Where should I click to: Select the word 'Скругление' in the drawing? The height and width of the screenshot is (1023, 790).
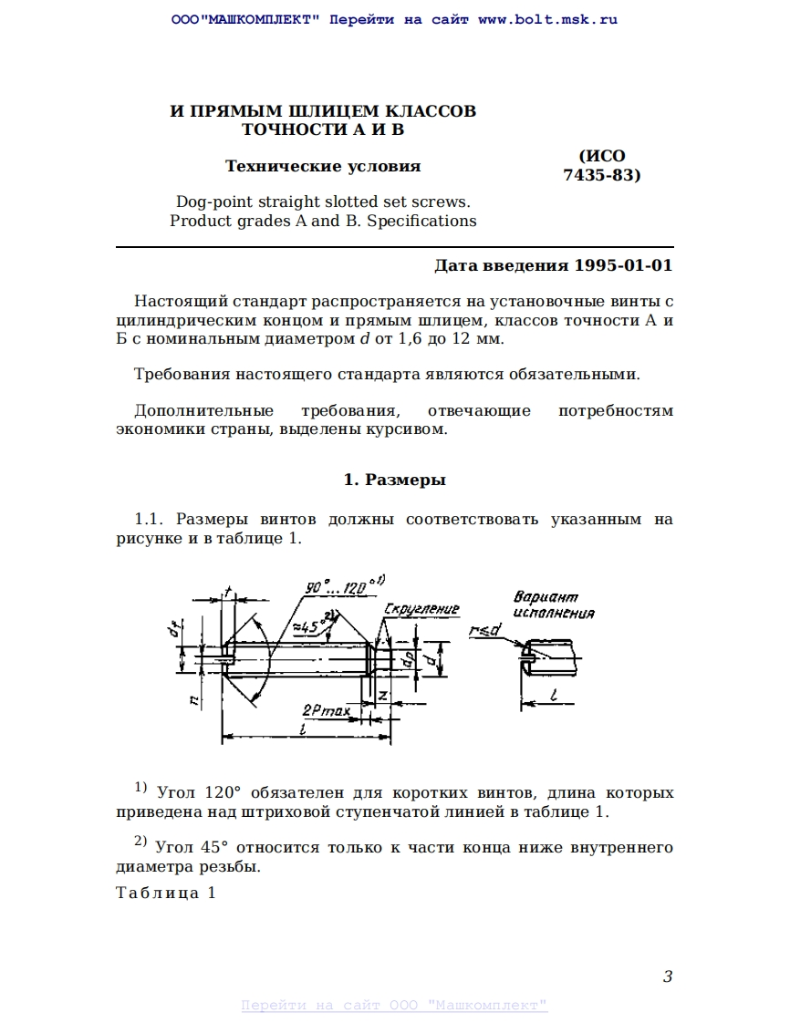(422, 608)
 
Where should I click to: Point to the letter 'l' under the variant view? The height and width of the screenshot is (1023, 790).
(555, 696)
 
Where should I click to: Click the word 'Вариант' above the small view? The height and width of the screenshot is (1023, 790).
(546, 598)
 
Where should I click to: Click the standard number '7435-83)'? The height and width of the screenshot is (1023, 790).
(602, 175)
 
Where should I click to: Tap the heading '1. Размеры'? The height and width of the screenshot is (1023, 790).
(394, 480)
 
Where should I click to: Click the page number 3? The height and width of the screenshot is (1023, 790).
(668, 977)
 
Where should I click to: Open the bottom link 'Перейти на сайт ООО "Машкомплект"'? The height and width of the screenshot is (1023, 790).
(394, 1006)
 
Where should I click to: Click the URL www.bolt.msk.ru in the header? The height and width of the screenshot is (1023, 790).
(547, 19)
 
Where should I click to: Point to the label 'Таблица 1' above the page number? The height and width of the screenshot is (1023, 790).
(166, 893)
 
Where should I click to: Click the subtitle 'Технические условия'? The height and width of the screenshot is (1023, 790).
(323, 166)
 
